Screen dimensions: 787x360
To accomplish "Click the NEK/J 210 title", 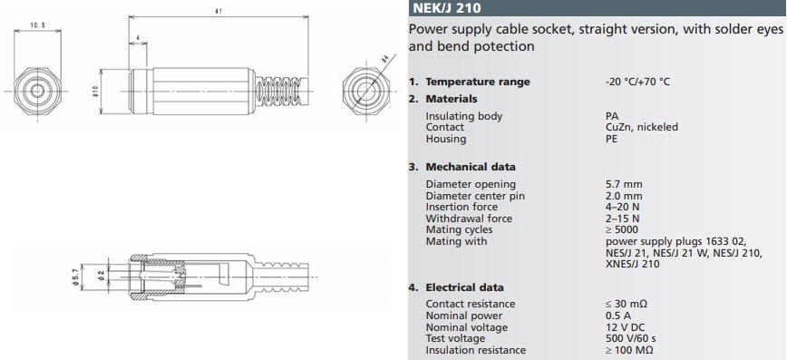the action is point(447,8).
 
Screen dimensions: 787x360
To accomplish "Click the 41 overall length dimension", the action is point(219,11).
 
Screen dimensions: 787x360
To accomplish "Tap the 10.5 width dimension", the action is point(37,25).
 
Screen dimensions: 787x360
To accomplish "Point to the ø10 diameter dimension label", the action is point(95,92).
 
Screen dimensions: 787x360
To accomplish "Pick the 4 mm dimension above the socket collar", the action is point(138,38).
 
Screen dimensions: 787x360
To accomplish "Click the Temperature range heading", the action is point(477,82).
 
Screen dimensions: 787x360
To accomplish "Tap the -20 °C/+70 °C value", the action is point(637,82).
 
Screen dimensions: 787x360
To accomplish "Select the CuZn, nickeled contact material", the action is point(641,128).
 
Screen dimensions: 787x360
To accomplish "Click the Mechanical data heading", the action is point(471,167).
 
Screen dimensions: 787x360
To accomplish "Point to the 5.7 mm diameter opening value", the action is point(624,184).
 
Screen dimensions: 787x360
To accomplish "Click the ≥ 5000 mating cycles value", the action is point(622,229).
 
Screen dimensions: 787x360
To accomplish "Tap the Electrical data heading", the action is point(465,287).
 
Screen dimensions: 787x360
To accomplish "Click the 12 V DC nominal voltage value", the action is point(625,327).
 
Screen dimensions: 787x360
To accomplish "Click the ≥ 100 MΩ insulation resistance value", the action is point(629,350).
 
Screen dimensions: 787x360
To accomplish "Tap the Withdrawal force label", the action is point(469,219).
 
